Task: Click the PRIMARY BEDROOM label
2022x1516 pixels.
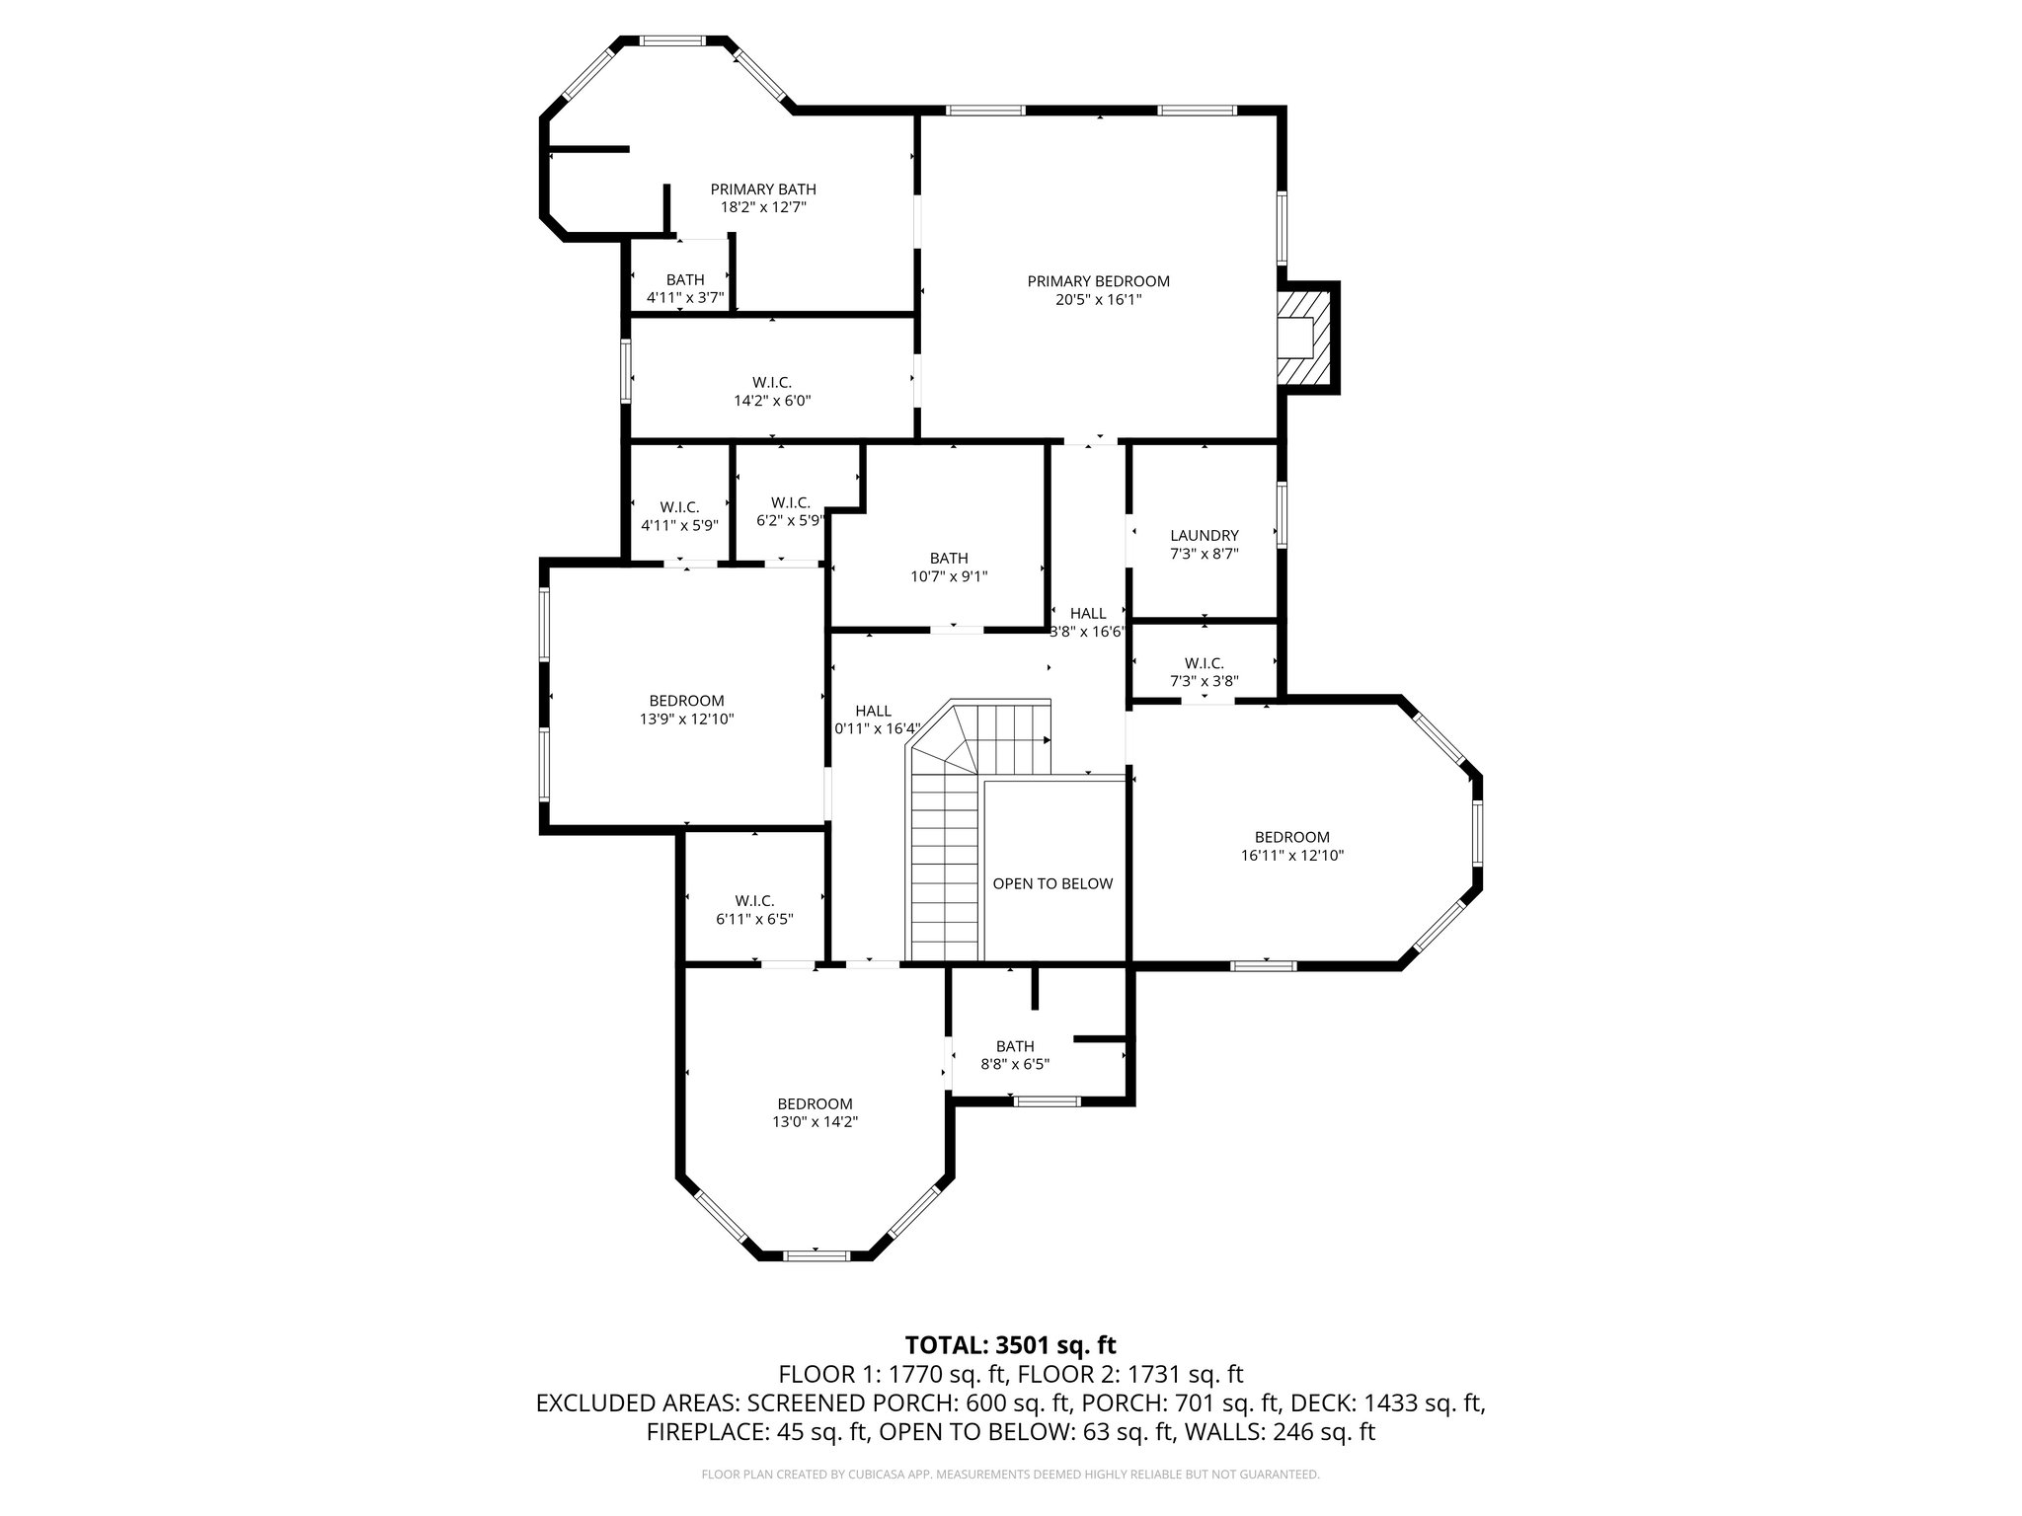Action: click(1098, 281)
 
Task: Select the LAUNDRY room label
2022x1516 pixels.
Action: click(1204, 536)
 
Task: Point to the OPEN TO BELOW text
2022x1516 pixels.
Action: click(1052, 883)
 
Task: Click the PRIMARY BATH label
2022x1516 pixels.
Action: click(763, 189)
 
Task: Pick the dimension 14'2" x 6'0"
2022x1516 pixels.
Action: click(772, 401)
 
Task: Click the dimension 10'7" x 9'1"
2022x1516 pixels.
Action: click(949, 576)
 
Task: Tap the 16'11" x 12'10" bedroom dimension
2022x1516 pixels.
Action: click(1291, 856)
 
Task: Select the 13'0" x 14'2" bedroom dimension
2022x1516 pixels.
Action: click(815, 1122)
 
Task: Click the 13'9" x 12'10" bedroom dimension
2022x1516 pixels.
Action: click(686, 720)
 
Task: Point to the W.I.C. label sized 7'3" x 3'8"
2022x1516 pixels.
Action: click(1204, 663)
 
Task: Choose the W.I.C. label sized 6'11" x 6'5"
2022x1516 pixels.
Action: click(754, 901)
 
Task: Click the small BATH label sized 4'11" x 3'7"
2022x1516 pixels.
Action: click(685, 280)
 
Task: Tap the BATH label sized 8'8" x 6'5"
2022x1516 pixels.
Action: click(1015, 1046)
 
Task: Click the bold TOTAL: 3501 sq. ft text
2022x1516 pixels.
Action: click(1010, 1345)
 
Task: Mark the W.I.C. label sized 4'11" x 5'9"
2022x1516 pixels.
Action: click(679, 507)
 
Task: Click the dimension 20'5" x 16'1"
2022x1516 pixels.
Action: click(1098, 300)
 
